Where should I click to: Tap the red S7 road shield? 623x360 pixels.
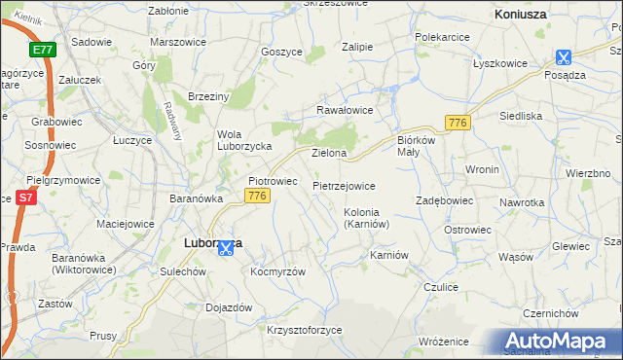[x=26, y=198]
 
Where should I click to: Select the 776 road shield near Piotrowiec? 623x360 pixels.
[x=257, y=196]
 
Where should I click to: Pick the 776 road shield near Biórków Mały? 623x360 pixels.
[x=458, y=122]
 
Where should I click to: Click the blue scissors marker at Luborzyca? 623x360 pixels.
[x=226, y=248]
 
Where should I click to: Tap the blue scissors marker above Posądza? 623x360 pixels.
[x=564, y=57]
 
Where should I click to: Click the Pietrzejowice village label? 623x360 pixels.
[x=344, y=184]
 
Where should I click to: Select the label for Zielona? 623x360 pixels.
[x=329, y=154]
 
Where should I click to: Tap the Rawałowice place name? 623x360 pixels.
[x=345, y=110]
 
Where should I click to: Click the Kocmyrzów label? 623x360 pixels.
[x=278, y=271]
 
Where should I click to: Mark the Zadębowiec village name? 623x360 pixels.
[x=444, y=200]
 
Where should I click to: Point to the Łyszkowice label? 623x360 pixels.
[x=500, y=63]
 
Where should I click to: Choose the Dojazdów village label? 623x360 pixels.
[x=230, y=307]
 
